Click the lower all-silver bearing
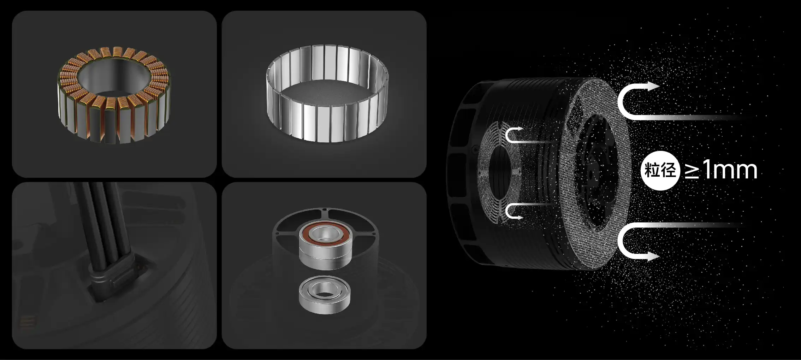tap(325, 295)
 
